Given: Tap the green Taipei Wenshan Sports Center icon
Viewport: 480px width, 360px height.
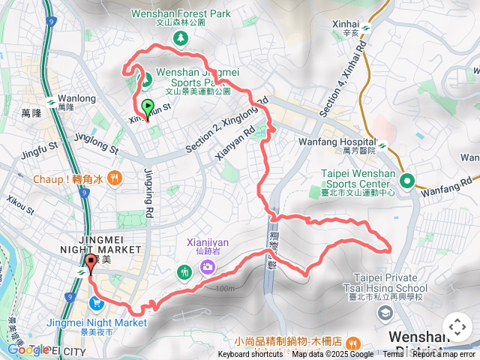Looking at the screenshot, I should (x=407, y=180).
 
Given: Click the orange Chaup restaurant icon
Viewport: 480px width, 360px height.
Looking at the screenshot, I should (x=114, y=178).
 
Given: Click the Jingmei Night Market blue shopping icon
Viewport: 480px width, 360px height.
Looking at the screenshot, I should (x=96, y=303).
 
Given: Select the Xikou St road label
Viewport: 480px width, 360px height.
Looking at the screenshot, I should (x=20, y=205).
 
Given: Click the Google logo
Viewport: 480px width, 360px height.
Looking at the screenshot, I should (x=28, y=349).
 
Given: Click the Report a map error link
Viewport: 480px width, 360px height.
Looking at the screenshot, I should (x=444, y=355).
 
